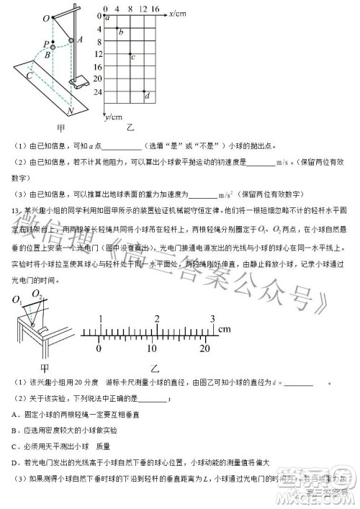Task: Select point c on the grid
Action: [x=130, y=54]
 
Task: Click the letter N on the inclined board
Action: [x=70, y=112]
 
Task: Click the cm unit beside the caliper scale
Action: [x=225, y=309]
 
